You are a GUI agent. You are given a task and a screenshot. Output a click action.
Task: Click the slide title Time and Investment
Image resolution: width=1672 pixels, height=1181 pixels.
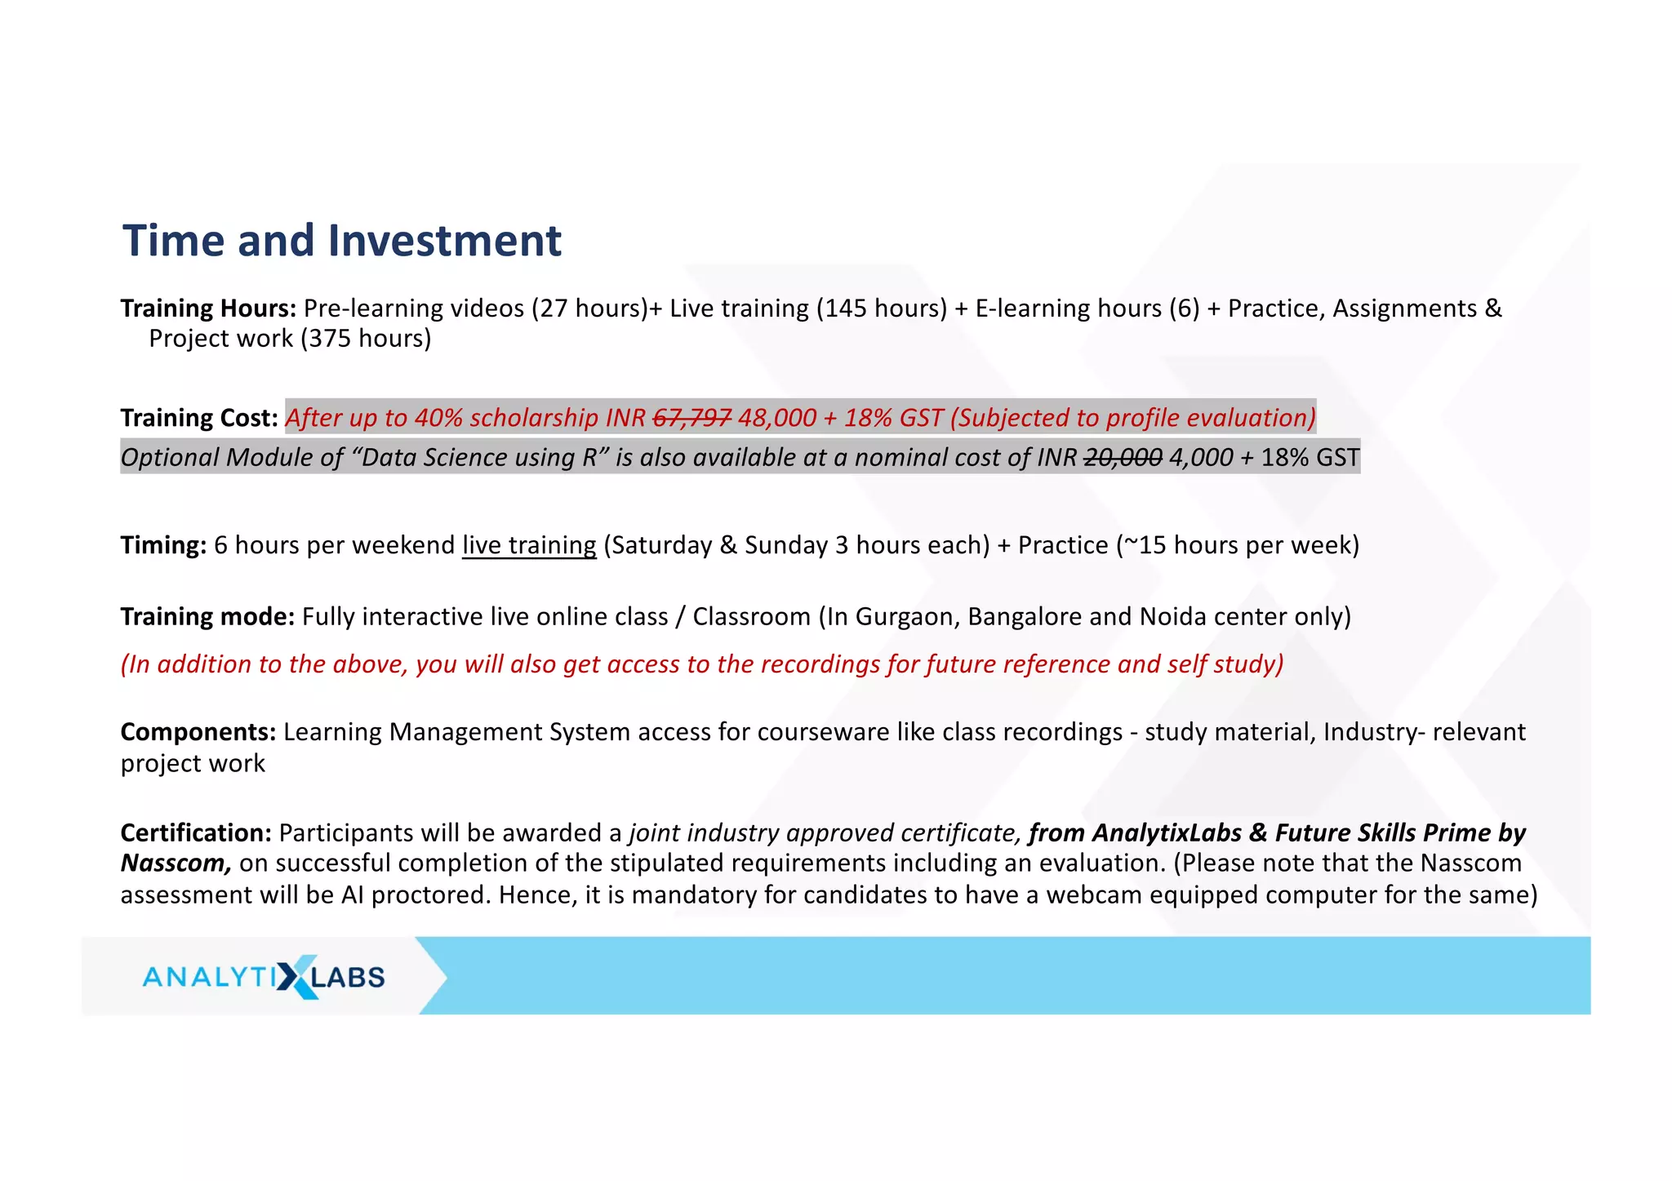[x=341, y=241]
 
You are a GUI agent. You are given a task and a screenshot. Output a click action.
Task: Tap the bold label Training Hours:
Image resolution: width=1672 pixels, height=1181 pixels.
[x=208, y=309]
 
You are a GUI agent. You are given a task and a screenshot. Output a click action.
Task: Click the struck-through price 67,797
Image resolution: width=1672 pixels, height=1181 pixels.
[x=692, y=418]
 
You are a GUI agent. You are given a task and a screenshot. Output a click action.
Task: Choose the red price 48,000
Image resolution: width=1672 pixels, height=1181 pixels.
[x=776, y=418]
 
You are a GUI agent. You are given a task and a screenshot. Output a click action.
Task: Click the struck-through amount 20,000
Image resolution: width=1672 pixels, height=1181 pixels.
[x=1123, y=458]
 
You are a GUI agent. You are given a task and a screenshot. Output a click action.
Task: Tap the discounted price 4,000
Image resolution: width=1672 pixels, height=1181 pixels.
[x=1200, y=458]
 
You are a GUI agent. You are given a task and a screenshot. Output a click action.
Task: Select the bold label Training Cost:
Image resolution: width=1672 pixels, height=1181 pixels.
[x=199, y=418]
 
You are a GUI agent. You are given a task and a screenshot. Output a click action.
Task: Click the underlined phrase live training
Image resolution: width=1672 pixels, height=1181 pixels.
[x=529, y=545]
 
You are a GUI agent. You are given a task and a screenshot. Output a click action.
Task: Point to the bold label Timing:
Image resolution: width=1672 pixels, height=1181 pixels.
[x=163, y=545]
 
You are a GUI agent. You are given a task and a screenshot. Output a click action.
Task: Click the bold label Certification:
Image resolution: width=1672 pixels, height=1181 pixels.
[x=196, y=833]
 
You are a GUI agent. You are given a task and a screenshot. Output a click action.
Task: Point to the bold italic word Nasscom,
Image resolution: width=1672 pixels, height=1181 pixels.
[x=176, y=864]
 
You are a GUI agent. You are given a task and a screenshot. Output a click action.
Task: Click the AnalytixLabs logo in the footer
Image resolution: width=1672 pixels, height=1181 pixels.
[x=263, y=976]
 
